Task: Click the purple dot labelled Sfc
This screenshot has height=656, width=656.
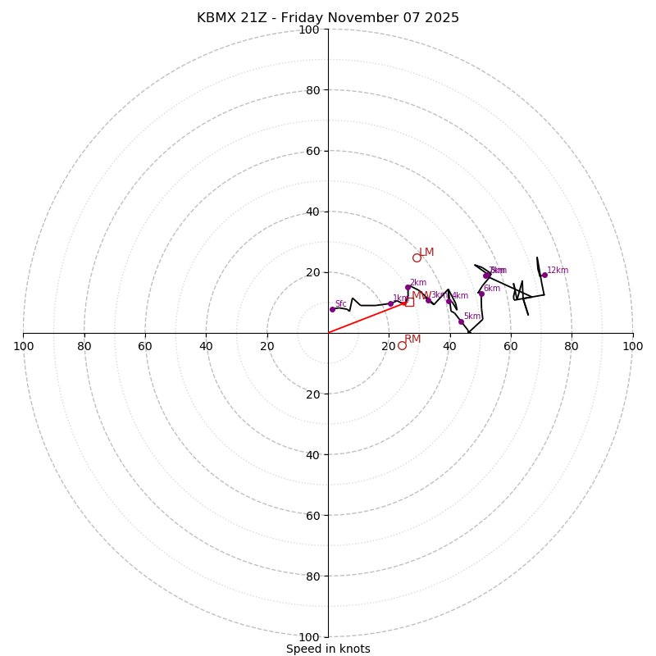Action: pos(332,309)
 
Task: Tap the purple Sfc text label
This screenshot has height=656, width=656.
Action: pos(340,304)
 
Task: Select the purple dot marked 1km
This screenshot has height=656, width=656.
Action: pos(390,303)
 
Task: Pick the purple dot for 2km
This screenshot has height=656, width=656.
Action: pos(408,288)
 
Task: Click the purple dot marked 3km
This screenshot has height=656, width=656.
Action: pos(428,300)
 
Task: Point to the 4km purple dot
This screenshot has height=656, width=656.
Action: pos(449,302)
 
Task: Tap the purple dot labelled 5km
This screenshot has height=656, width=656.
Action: pos(461,321)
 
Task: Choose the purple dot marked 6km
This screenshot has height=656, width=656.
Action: pos(481,294)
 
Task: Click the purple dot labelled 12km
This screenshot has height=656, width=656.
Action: pos(544,276)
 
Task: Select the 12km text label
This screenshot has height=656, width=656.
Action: pos(558,271)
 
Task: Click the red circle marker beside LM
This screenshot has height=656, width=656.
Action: pos(417,257)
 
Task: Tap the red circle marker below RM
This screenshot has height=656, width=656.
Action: pos(402,345)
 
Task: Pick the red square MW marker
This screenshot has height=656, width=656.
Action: pos(409,302)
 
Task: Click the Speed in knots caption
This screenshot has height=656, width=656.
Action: pos(328,649)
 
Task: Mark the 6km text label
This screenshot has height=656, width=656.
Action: pos(491,289)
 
